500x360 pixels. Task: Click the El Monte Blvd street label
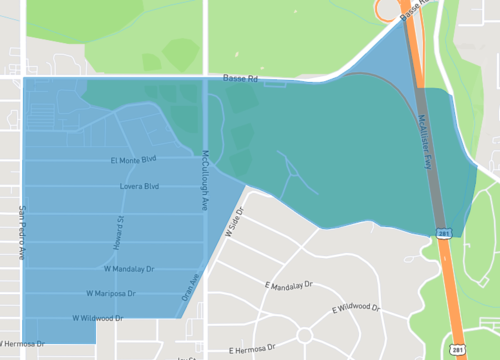[134, 160]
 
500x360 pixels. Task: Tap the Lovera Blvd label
[139, 187]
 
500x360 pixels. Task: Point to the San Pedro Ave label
[21, 233]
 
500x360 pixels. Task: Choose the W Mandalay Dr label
[129, 269]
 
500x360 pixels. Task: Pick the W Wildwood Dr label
[98, 318]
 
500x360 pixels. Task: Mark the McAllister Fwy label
[425, 145]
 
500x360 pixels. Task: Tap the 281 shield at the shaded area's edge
[442, 234]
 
